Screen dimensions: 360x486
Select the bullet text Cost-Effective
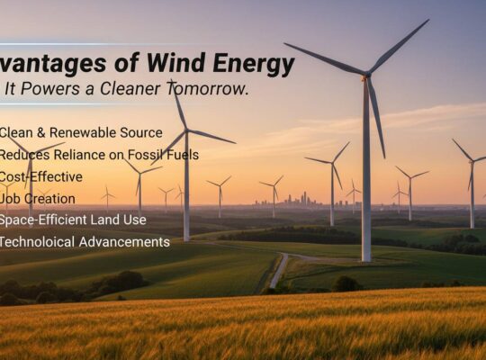point(40,176)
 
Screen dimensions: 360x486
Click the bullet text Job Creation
point(38,198)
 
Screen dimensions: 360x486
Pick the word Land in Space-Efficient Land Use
point(112,220)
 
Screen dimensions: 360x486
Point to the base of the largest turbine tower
point(366,259)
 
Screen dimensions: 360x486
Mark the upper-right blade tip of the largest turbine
point(427,22)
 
